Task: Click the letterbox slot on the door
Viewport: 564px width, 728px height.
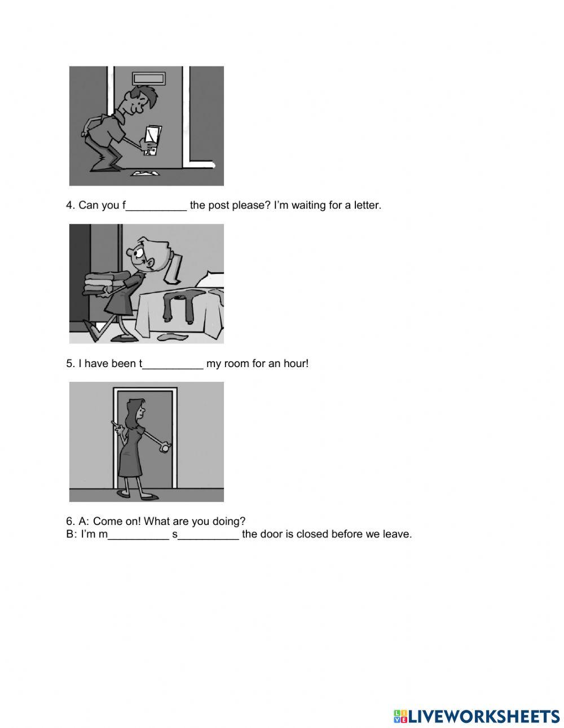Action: [x=148, y=79]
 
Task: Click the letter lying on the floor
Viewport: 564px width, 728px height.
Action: [x=146, y=173]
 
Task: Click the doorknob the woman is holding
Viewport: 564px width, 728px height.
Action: [x=165, y=447]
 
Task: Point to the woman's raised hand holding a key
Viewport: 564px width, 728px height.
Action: [x=117, y=427]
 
